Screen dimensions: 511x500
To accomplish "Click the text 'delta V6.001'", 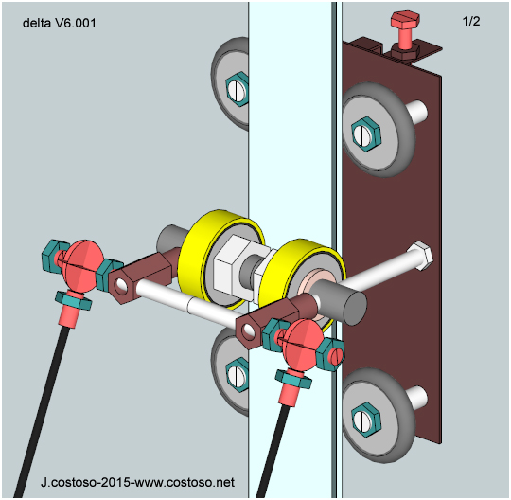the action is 60,23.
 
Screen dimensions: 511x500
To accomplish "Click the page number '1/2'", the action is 471,21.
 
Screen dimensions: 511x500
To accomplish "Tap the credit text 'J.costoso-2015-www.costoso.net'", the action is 137,482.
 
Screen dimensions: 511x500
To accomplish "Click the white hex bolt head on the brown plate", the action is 423,255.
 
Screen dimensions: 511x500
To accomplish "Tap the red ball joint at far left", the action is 80,266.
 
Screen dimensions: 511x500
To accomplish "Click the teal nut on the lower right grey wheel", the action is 366,419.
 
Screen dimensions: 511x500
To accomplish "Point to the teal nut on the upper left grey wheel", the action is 238,89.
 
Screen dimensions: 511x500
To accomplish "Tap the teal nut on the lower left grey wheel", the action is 238,375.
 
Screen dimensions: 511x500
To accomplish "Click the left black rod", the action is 41,412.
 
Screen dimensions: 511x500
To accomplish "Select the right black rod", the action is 273,451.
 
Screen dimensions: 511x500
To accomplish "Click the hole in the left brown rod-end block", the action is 121,285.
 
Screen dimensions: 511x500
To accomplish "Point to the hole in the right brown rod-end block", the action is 249,330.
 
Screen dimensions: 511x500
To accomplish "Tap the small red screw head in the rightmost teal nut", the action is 338,355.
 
